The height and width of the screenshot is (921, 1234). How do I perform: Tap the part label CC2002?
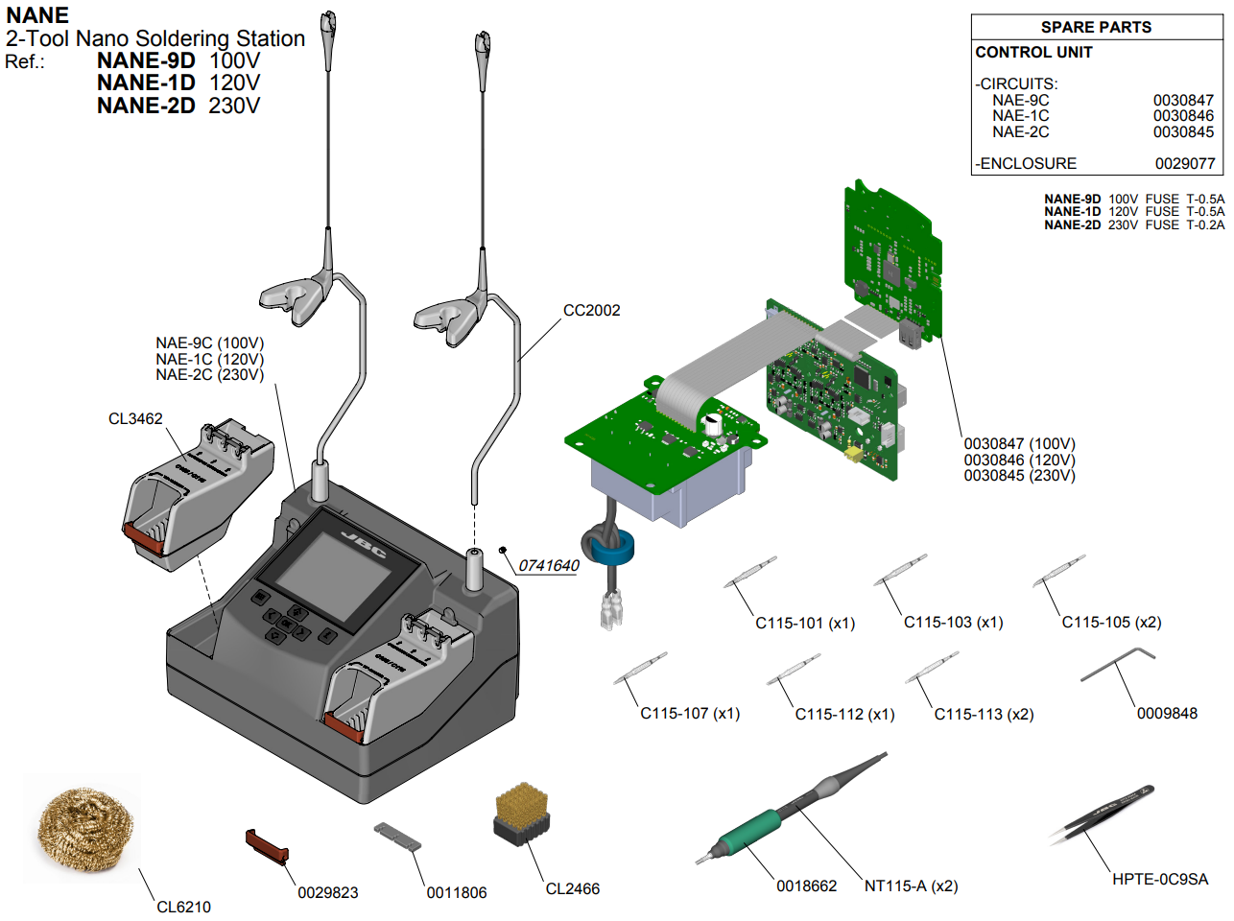pos(591,311)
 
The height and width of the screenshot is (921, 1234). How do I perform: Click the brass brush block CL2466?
pos(522,814)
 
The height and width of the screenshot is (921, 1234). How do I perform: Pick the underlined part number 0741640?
pos(549,566)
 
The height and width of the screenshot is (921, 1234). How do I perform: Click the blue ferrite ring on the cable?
pos(612,550)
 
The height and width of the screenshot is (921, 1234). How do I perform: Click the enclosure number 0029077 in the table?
pos(1185,164)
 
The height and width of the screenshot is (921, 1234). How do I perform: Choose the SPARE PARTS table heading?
pos(1096,28)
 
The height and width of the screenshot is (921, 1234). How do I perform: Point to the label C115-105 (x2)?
pos(1111,623)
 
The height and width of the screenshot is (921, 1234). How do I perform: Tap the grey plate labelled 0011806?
pos(397,836)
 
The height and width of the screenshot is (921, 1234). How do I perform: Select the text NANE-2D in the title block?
pos(146,106)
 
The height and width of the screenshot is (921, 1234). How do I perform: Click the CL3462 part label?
pos(135,419)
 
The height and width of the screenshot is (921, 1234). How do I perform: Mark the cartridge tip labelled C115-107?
pos(640,668)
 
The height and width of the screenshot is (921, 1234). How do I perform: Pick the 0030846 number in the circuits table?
pos(1183,116)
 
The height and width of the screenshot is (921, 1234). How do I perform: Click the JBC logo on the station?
pos(364,544)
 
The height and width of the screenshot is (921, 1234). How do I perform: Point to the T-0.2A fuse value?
pos(1205,225)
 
